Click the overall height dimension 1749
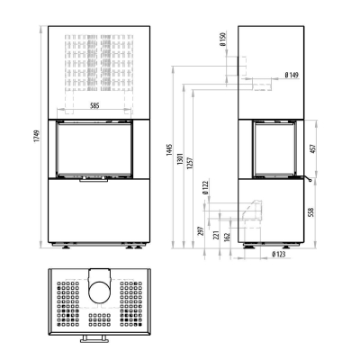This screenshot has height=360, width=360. click(37, 137)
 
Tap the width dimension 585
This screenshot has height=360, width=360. click(94, 105)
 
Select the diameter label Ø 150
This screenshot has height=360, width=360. click(222, 40)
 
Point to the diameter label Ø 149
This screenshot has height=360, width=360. click(292, 75)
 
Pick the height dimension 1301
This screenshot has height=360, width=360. click(181, 158)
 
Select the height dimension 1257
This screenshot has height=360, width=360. click(190, 163)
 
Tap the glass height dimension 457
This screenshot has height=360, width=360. click(312, 149)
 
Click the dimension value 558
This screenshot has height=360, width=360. click(311, 211)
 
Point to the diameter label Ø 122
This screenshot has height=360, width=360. click(205, 188)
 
